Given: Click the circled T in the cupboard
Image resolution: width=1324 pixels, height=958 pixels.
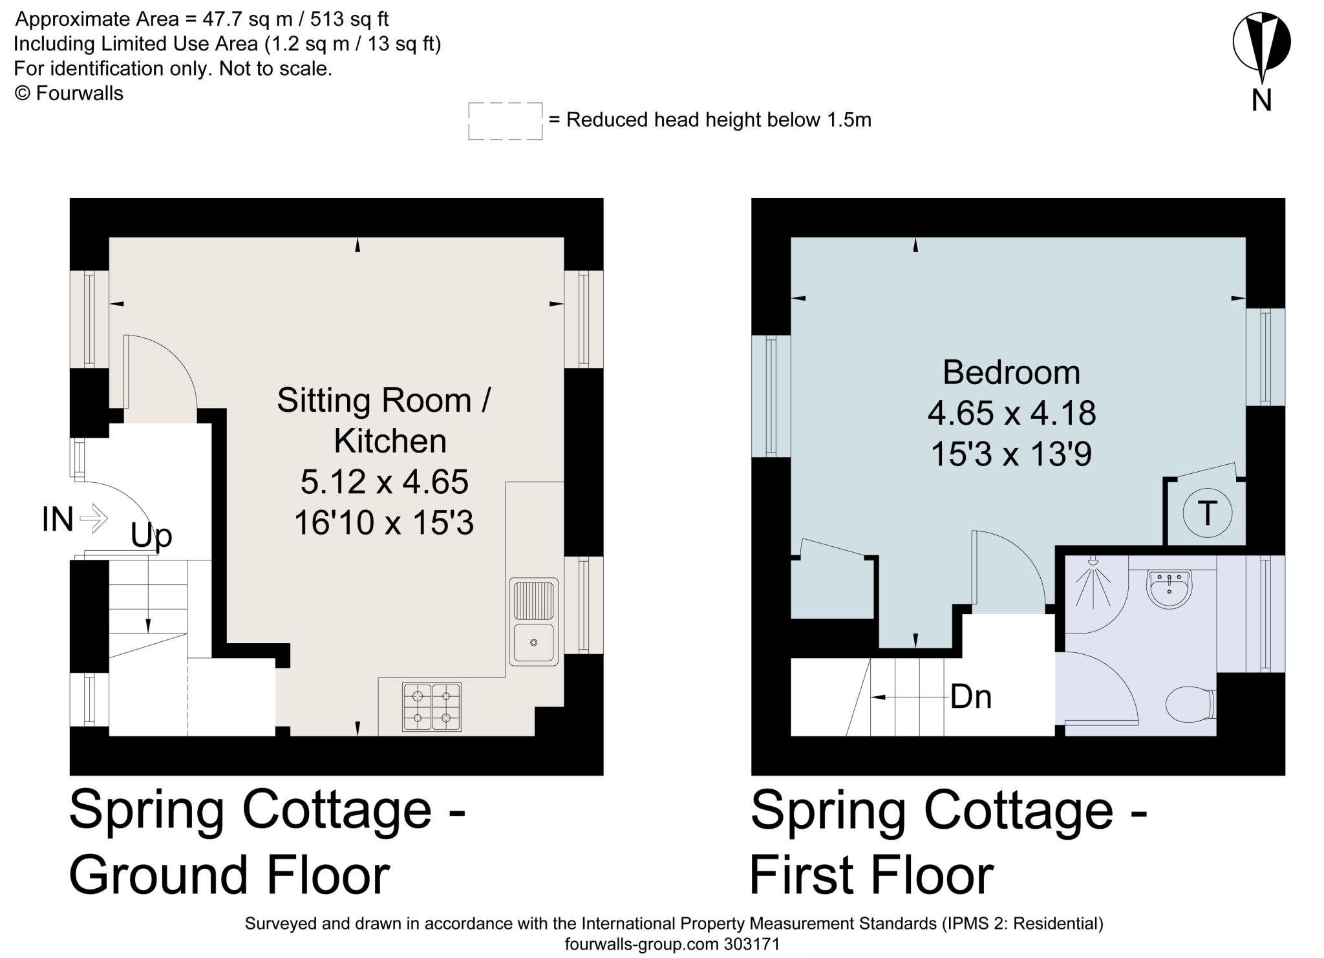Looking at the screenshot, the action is pos(1207,513).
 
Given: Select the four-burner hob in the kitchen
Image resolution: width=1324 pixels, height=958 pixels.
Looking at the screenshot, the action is pos(432,707).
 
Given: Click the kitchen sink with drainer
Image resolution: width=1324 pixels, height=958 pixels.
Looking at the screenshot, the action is pos(534,621).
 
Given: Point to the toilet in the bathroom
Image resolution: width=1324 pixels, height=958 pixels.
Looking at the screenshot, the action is pos(1191,703).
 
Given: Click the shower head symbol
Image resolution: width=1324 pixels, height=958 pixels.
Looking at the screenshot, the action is pos(1093,561).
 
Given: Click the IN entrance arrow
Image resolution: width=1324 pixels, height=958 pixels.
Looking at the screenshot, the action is pos(94,518).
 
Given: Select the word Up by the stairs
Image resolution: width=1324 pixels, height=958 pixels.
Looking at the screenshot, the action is pos(151,536).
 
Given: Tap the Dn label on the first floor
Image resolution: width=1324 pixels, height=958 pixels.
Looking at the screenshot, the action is pos(970,697).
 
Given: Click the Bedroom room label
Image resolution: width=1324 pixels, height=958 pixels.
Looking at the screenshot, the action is pos(1011,372).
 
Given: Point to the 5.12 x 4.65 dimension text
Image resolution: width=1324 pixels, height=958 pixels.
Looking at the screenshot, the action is pos(384,482).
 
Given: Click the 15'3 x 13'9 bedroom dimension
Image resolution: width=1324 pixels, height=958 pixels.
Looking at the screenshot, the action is pos(1011,454).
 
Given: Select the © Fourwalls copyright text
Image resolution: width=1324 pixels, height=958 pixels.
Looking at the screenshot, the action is pos(69,93).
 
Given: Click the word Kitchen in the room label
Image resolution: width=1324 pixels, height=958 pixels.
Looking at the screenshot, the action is pos(390,441).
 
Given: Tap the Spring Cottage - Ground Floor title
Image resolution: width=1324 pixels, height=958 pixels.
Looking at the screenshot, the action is pos(268,842).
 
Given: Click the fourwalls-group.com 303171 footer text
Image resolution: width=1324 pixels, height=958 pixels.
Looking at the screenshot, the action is pos(672,944).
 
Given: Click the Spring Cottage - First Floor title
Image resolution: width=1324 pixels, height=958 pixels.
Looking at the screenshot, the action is pos(949,842).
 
